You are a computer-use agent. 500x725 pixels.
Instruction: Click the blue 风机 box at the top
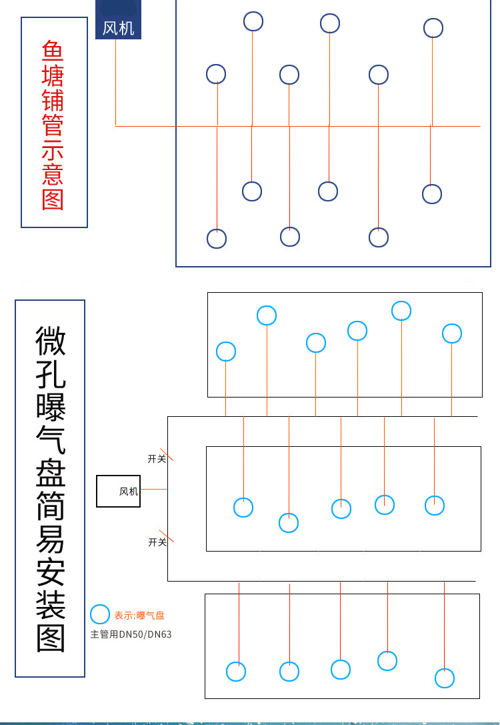[x=118, y=21]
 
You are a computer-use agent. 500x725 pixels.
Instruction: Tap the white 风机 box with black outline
[x=119, y=491]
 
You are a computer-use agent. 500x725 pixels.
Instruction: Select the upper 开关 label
[x=157, y=459]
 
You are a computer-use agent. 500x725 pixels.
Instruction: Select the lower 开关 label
[x=157, y=542]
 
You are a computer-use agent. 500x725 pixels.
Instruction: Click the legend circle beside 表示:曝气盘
[x=100, y=615]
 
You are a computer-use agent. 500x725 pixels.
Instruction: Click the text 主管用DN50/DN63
[x=131, y=634]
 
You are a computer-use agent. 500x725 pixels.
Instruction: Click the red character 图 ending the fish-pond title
[x=53, y=199]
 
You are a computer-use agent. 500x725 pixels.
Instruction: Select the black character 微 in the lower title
[x=51, y=340]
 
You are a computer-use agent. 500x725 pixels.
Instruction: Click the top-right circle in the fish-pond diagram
[x=433, y=28]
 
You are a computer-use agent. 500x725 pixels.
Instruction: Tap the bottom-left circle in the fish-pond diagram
[x=217, y=238]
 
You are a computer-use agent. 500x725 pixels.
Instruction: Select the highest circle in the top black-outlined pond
[x=401, y=311]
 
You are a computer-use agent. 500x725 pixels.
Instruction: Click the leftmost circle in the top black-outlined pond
[x=226, y=351]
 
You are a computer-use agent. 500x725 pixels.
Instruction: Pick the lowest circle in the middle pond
[x=289, y=522]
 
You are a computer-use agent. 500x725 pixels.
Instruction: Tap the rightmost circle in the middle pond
[x=435, y=505]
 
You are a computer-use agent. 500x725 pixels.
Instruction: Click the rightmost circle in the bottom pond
[x=445, y=678]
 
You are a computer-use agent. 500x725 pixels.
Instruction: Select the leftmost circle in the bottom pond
[x=236, y=671]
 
